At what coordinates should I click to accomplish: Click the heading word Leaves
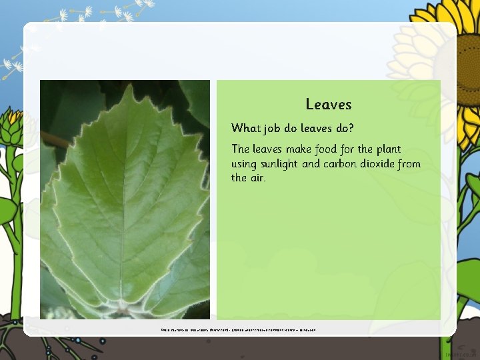[328, 104]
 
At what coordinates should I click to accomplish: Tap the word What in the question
[245, 127]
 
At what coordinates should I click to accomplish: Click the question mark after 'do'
[351, 127]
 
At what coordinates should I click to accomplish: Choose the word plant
[388, 150]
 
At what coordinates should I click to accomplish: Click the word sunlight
[281, 164]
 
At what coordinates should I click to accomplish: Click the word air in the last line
[257, 177]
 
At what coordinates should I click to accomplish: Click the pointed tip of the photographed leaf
[131, 86]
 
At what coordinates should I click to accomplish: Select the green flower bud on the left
[11, 127]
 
